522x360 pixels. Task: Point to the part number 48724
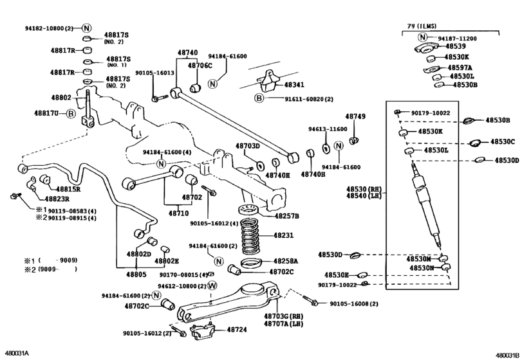point(236,329)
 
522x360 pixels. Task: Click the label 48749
point(355,116)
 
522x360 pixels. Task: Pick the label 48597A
point(458,67)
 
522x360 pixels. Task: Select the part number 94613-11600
point(327,129)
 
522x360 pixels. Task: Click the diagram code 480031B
point(507,355)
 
